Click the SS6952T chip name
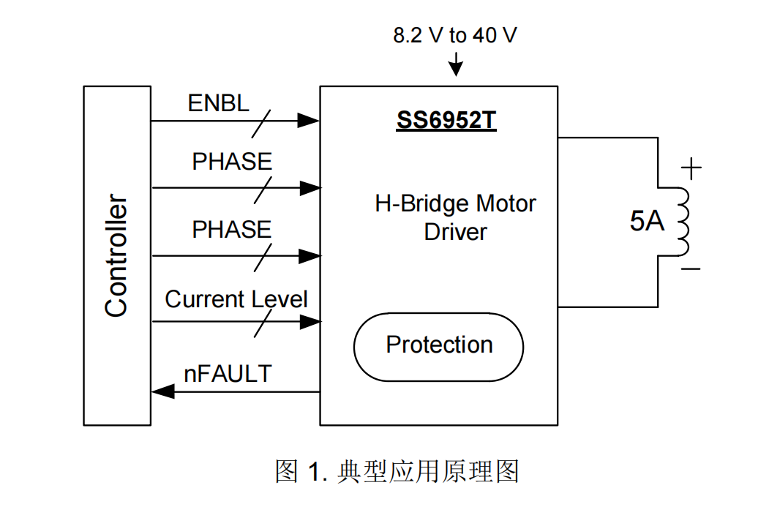[446, 119]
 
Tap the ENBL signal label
[218, 103]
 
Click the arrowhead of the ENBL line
[310, 121]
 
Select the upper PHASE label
[231, 162]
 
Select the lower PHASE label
[231, 230]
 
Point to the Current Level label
[236, 298]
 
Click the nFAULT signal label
[227, 374]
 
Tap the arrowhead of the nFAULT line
[162, 392]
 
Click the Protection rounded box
[438, 345]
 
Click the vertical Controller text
[116, 255]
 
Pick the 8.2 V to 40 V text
[454, 35]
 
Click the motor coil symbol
[682, 221]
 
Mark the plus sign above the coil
[691, 169]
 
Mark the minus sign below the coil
[691, 269]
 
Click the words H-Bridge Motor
[455, 203]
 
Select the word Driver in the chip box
[455, 232]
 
